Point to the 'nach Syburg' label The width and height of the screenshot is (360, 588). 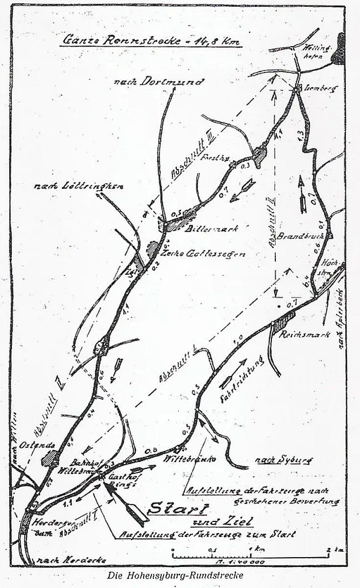pyautogui.click(x=276, y=461)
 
